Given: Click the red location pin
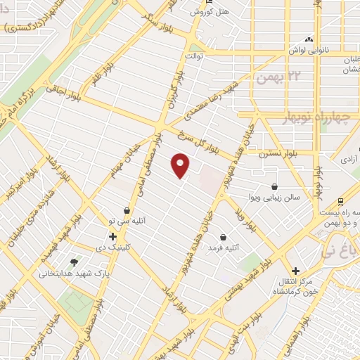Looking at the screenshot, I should (x=181, y=165).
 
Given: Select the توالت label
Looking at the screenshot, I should (x=194, y=54).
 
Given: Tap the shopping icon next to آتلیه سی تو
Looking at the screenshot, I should (x=127, y=210).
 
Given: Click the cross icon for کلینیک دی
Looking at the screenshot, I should (x=112, y=235).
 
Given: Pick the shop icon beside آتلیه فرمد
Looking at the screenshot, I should (x=223, y=237).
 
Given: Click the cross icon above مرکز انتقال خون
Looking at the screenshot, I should (x=296, y=271).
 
